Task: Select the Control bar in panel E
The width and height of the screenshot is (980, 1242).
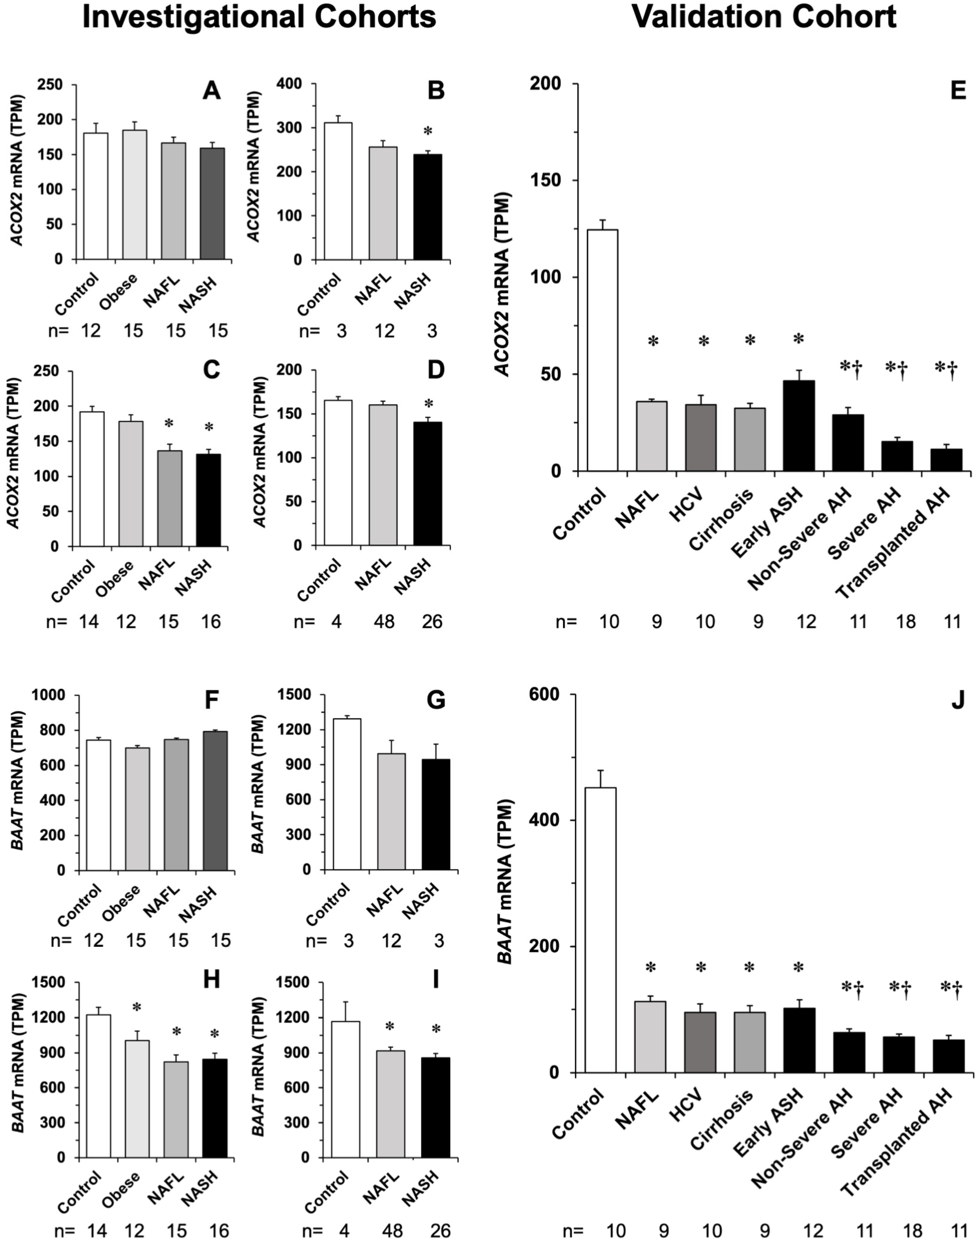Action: [602, 351]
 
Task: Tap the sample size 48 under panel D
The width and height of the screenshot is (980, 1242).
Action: [383, 621]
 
